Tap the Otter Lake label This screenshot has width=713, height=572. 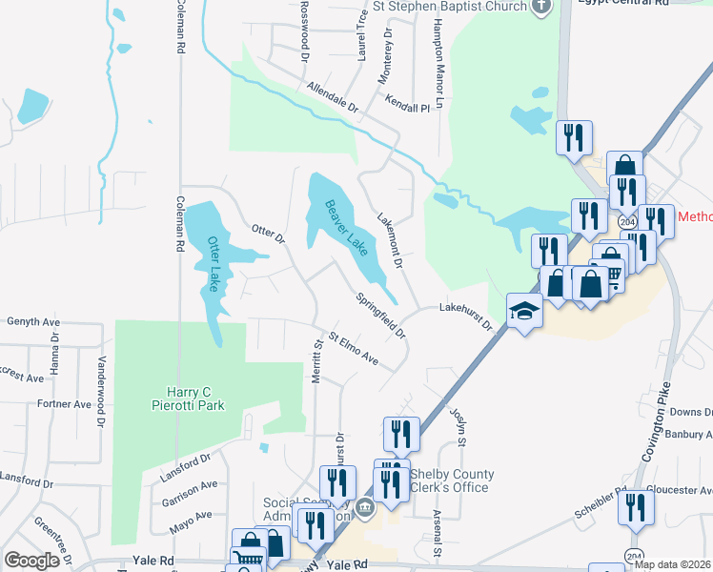pos(214,264)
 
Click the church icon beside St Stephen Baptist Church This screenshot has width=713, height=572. pos(540,6)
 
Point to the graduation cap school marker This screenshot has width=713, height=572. pos(523,311)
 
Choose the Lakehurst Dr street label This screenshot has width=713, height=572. pos(465,316)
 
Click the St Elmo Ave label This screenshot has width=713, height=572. pos(354,349)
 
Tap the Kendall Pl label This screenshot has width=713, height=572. pos(408,102)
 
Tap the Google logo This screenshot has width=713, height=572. pos(31,561)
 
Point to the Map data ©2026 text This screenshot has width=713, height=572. pos(673,564)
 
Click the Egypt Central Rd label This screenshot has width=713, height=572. pos(632,4)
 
